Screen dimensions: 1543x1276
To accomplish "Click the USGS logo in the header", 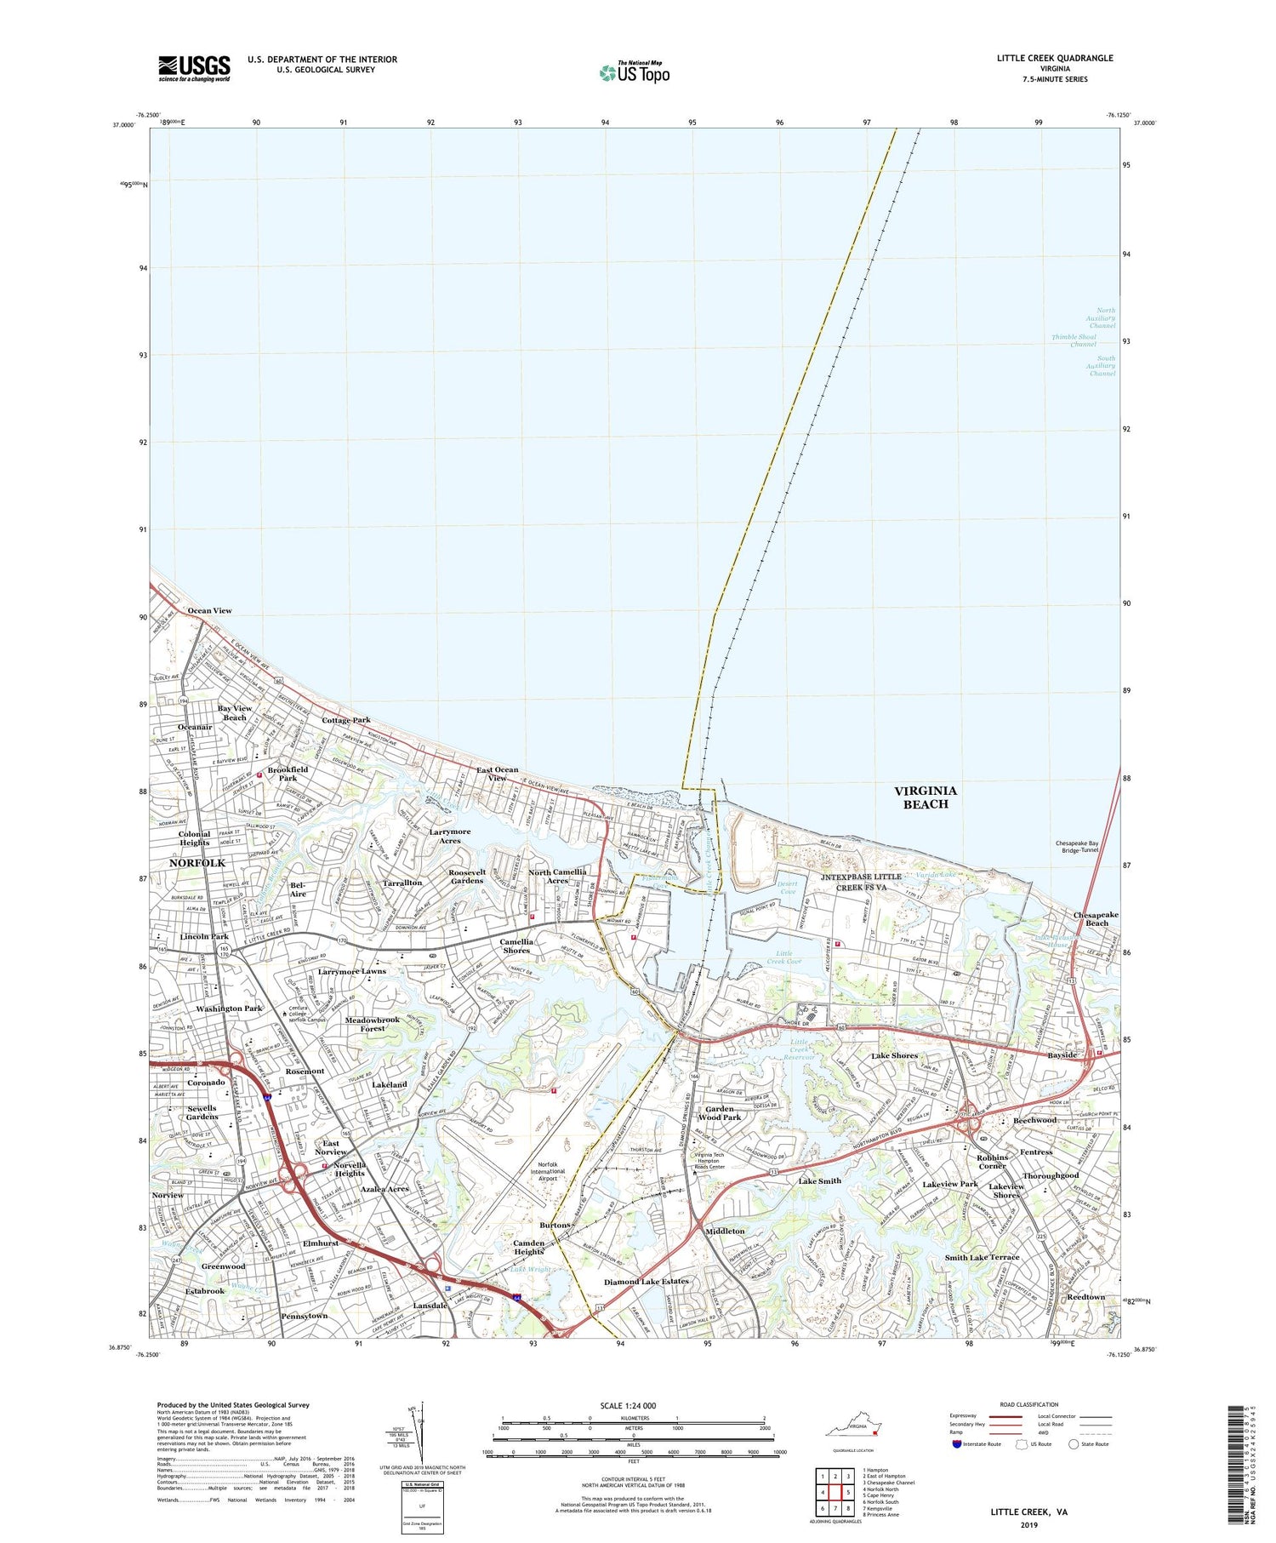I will tap(194, 67).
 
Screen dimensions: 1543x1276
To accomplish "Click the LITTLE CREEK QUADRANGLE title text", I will tap(1055, 58).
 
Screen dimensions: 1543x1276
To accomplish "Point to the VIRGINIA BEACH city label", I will tap(926, 797).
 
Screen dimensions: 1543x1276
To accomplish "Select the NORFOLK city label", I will tap(197, 863).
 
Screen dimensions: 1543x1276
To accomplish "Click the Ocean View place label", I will tap(209, 610).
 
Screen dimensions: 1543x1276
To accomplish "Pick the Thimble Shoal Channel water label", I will tap(1074, 340).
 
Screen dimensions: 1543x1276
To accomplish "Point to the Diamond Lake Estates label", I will tap(647, 1281).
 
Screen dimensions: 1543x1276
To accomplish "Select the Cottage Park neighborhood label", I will tap(346, 720).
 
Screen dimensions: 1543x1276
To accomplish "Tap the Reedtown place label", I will tap(1086, 1297).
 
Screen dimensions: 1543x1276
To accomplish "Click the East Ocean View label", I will tap(497, 774).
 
